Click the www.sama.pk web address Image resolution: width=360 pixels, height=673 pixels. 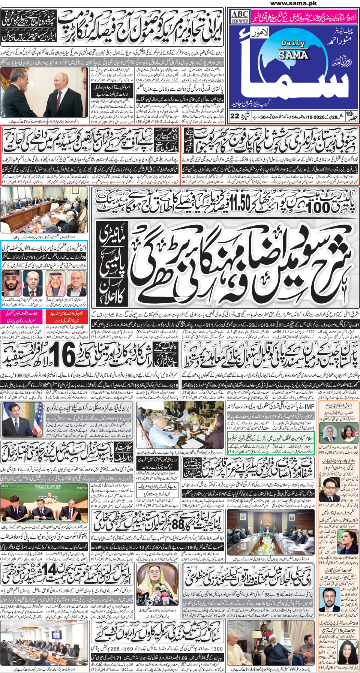pos(293,3)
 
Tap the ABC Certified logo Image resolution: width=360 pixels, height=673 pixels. pos(240,16)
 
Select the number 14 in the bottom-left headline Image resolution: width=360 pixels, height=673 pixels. pos(51,572)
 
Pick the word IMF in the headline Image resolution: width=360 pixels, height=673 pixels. pos(308,407)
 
